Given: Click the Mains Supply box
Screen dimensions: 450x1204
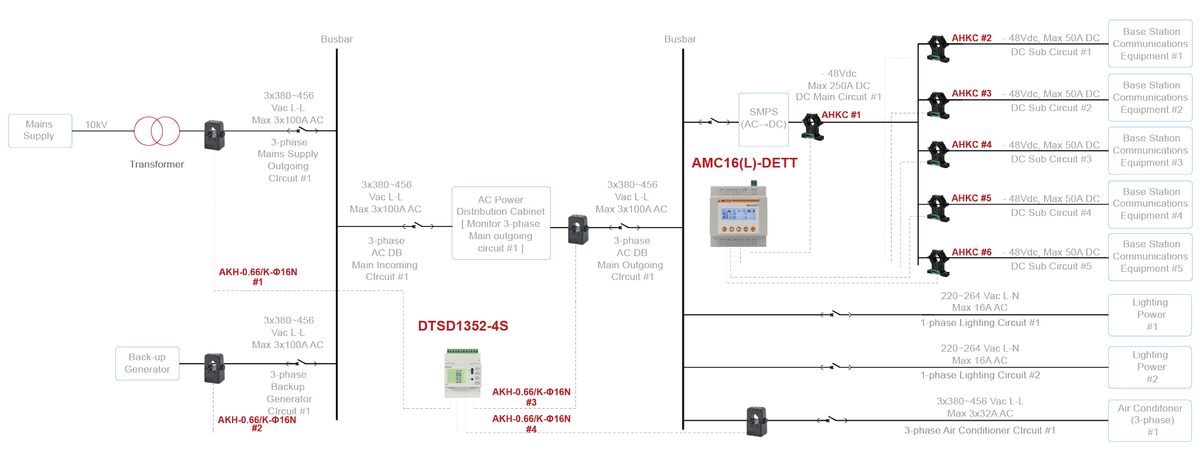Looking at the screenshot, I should (x=39, y=131).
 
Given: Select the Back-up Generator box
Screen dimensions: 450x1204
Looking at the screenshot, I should (x=147, y=363).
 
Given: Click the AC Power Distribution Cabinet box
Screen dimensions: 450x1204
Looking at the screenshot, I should (x=501, y=223).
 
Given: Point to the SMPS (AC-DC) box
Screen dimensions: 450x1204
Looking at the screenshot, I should (x=763, y=120).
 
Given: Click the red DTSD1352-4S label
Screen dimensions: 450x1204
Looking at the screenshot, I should (x=463, y=326).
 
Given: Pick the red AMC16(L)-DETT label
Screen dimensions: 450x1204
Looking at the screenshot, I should (x=744, y=164).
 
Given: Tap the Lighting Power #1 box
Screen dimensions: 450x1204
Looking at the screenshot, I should (x=1151, y=314).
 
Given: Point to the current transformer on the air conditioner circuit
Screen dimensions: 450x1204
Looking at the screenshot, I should (x=757, y=421).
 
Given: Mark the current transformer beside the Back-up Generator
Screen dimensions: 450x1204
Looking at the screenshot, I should (x=214, y=368).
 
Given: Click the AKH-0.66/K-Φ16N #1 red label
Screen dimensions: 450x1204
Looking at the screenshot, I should (x=257, y=276).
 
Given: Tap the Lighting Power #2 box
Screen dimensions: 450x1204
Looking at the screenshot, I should (x=1151, y=367).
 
